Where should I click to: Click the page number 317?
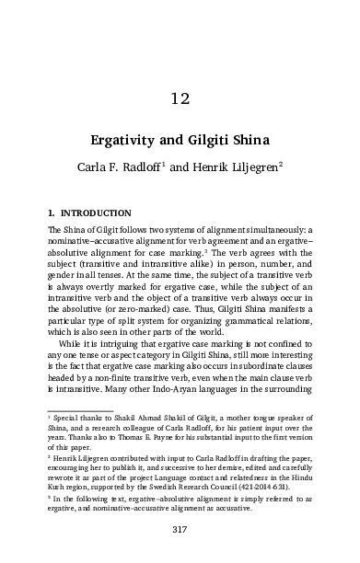pyautogui.click(x=180, y=529)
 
